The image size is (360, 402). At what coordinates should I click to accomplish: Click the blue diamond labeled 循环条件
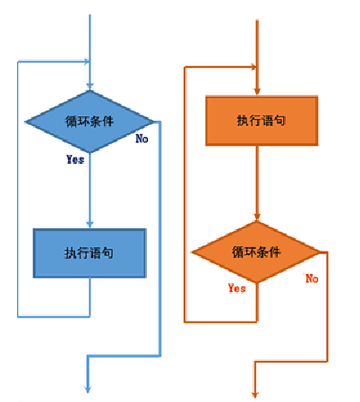coord(90,121)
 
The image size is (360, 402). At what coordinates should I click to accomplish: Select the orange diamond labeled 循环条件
coord(257,252)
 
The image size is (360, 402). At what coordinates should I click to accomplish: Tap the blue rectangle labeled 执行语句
coord(90,253)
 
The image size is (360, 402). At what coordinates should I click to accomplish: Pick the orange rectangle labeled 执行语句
coord(262,120)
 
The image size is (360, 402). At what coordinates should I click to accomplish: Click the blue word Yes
coord(75,159)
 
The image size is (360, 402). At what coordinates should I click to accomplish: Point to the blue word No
coord(141,139)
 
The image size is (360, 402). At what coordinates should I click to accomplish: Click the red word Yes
coord(236,288)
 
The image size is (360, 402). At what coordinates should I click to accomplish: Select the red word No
coord(312,278)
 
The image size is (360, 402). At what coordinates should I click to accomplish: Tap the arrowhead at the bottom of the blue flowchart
coord(89,387)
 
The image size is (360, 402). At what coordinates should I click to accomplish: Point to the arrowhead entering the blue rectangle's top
coord(90,225)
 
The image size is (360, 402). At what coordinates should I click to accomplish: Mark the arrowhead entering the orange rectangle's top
coord(258,90)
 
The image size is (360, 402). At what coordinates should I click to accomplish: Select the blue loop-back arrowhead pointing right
coord(86,62)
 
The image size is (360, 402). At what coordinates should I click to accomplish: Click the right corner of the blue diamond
coord(156,121)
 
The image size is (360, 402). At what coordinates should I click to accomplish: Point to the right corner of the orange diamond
coord(321,252)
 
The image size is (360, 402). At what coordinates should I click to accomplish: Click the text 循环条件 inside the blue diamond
coord(90,121)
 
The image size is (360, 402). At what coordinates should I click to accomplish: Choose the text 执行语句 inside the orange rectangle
coord(262,120)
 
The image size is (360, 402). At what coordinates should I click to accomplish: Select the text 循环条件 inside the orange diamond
coord(257,252)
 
